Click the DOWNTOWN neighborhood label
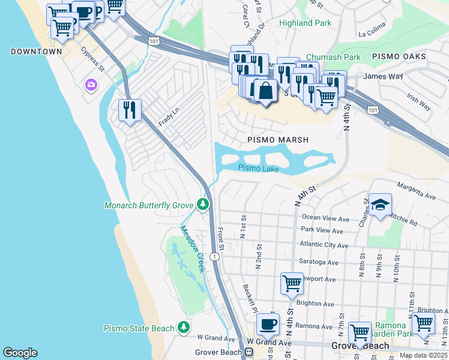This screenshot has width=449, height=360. (x=36, y=52)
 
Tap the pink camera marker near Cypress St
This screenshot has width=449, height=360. (x=91, y=85)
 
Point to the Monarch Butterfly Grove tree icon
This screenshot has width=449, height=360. (x=203, y=205)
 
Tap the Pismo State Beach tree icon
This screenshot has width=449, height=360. (x=184, y=328)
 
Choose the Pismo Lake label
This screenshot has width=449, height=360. (x=258, y=169)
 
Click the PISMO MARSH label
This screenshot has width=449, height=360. (x=278, y=140)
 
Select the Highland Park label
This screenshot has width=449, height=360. (x=304, y=23)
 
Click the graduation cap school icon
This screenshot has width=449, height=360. (x=380, y=205)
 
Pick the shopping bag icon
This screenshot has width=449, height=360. (x=265, y=91)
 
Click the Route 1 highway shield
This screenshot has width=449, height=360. (x=214, y=256)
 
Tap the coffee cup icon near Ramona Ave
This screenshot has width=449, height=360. (x=268, y=323)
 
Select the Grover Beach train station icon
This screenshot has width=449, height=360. (x=247, y=352)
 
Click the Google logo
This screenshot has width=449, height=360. (x=20, y=353)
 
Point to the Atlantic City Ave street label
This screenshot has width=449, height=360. (x=324, y=245)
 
